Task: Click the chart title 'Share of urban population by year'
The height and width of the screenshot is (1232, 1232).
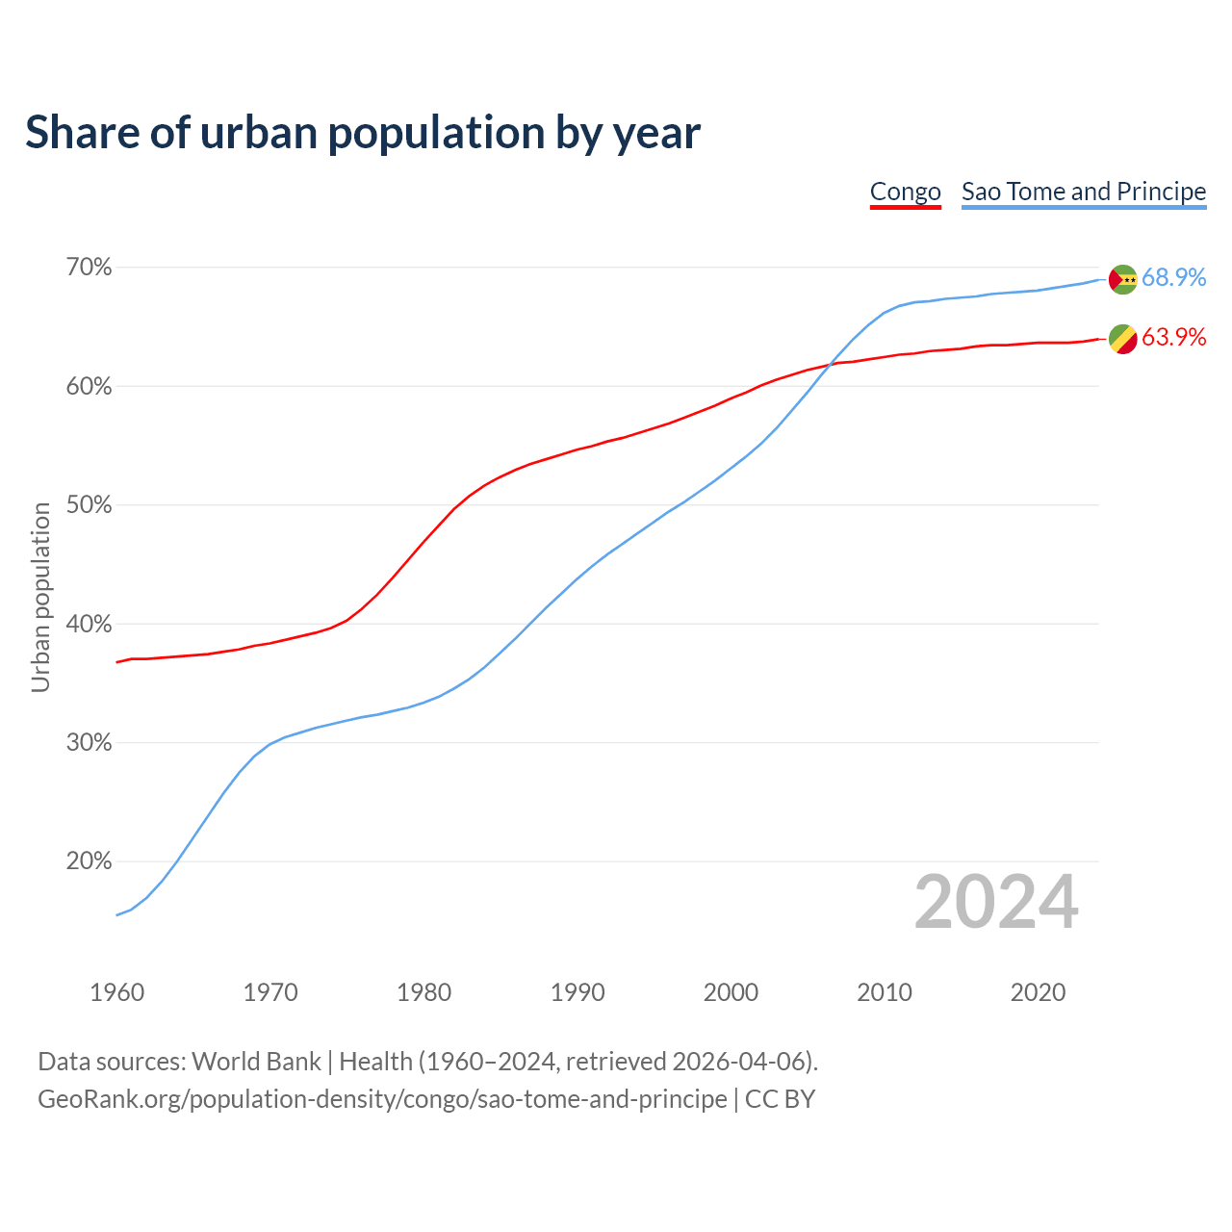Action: click(x=363, y=133)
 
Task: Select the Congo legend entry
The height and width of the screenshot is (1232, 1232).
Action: click(x=905, y=192)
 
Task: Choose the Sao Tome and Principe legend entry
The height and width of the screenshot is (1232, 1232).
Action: click(x=1083, y=192)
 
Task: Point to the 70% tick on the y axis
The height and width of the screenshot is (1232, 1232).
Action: click(x=89, y=268)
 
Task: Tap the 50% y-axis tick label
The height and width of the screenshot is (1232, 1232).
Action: click(x=89, y=505)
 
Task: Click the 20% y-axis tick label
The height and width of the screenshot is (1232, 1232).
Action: click(x=89, y=861)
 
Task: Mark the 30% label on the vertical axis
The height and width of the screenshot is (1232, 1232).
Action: click(x=89, y=743)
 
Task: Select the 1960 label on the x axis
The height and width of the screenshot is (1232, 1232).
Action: click(x=116, y=992)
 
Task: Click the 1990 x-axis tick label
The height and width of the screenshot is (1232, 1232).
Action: click(x=577, y=992)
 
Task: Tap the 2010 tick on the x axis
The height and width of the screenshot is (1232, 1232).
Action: click(x=885, y=992)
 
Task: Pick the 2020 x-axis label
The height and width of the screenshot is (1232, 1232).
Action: click(x=1038, y=992)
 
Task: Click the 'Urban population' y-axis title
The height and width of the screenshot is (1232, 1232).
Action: click(x=40, y=597)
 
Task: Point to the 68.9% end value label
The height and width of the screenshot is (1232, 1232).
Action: click(x=1173, y=277)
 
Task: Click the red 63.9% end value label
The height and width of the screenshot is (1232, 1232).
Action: click(x=1173, y=337)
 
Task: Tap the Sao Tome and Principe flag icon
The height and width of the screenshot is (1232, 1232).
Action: click(x=1122, y=279)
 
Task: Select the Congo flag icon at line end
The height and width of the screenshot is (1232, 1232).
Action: click(x=1122, y=339)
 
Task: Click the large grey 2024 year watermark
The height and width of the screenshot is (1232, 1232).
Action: click(x=996, y=902)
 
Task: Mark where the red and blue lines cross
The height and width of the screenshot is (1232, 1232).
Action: click(x=830, y=364)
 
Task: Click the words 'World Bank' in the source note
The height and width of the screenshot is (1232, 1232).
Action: click(x=256, y=1062)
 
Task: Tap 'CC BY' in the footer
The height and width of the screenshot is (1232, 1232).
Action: click(x=780, y=1099)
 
